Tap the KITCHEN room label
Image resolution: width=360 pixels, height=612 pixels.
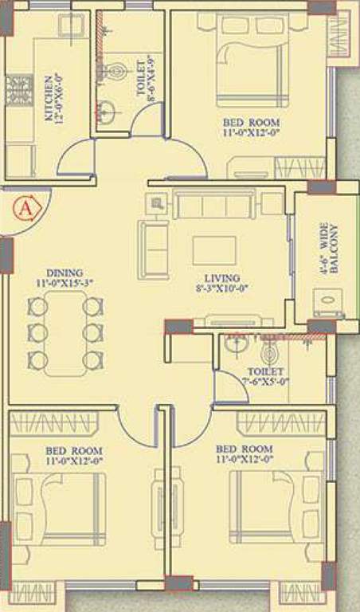(49, 97)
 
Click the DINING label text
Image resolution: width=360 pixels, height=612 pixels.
(65, 272)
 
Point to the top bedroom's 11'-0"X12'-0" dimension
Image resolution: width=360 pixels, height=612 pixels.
(252, 133)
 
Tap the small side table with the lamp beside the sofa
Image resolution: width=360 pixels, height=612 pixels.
(156, 203)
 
